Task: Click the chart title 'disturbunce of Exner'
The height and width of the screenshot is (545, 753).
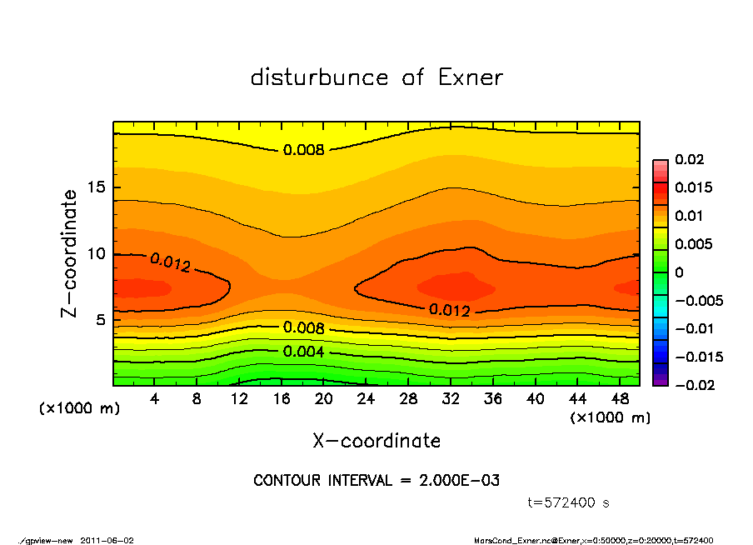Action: point(376,78)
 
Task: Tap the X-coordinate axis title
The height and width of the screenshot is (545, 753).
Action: point(376,440)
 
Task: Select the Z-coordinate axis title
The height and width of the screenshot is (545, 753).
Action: point(70,253)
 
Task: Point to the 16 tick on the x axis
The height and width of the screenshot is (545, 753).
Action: point(282,398)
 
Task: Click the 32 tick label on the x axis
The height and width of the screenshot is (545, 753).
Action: point(451,398)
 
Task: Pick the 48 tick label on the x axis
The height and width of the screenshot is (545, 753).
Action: point(620,398)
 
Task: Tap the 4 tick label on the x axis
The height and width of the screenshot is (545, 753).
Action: point(155,398)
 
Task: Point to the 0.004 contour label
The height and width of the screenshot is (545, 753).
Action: point(304,351)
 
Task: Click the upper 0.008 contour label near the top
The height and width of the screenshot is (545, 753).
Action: point(304,150)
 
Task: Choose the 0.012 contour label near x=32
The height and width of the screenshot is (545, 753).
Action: point(450,310)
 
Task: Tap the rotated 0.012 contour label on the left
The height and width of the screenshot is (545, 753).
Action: point(171,262)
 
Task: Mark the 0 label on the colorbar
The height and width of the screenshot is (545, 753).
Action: point(678,272)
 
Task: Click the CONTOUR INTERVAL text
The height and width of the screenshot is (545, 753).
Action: point(376,481)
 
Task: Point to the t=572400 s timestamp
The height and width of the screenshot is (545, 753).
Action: point(570,502)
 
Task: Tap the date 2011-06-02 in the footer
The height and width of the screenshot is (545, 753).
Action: point(107,540)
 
